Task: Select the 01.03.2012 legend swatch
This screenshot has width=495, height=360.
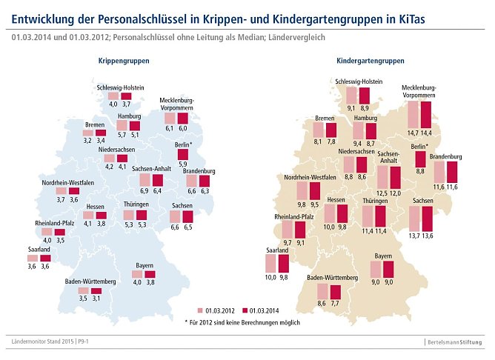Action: (x=201, y=310)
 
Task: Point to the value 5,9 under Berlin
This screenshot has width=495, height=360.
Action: (x=182, y=164)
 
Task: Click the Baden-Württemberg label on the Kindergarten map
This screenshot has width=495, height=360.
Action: (x=333, y=277)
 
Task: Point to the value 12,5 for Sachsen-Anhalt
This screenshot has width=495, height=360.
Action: (x=382, y=193)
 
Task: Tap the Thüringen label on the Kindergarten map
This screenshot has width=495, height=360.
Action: (x=376, y=201)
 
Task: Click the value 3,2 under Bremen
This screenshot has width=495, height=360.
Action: (x=87, y=140)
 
